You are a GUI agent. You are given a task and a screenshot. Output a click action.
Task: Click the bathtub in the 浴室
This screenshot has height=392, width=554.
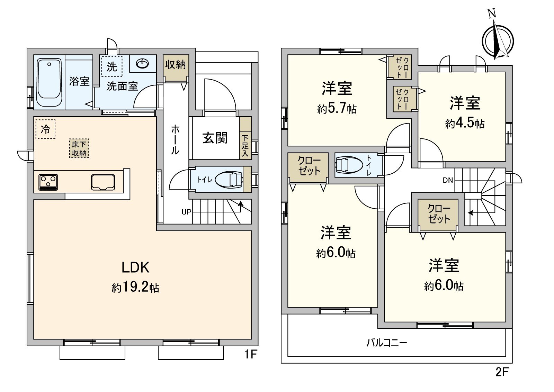point(50,83)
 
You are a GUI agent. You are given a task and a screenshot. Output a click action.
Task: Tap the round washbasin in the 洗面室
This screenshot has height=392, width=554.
point(143,64)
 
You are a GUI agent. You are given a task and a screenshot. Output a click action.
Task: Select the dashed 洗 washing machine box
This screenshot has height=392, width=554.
point(112,66)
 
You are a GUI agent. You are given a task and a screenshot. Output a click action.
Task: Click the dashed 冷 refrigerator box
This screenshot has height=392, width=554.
point(45,129)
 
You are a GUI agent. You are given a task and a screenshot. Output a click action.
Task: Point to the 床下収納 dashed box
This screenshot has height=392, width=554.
point(79,148)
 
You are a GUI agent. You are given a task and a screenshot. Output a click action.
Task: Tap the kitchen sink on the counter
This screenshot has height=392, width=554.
point(103,182)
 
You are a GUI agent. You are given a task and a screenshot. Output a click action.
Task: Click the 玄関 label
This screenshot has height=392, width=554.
point(215,138)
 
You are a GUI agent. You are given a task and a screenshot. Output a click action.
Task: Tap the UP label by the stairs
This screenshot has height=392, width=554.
point(186,212)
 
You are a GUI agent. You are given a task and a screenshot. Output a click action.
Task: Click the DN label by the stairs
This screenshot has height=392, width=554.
point(448,180)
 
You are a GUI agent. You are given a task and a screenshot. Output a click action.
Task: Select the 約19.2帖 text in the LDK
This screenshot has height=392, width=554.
point(135,287)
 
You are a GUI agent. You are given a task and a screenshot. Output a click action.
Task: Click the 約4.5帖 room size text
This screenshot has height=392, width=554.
point(465,123)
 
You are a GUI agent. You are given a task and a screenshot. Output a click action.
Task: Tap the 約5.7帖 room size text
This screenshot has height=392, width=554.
point(337,109)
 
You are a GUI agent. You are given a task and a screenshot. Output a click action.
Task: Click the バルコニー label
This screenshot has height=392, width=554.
point(387,343)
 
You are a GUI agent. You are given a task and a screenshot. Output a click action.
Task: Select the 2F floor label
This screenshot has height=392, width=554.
point(502,372)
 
